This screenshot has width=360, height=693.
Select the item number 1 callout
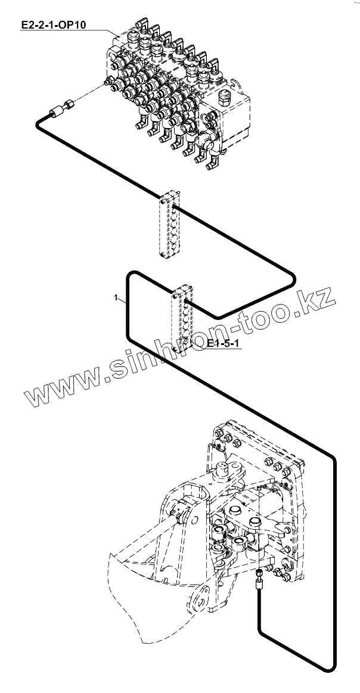point(116,296)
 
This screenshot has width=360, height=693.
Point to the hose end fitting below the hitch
point(260,577)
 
